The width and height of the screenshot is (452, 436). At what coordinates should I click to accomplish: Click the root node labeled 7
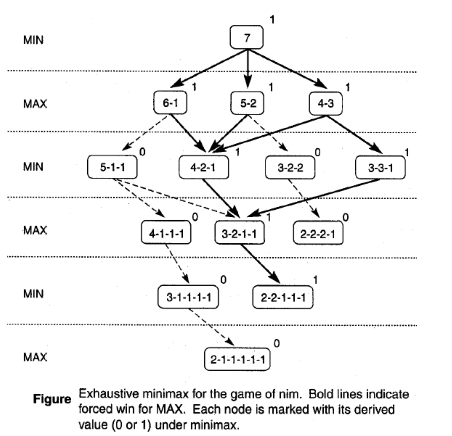[x=247, y=37]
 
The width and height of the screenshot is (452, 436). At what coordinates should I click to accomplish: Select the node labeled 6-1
[x=170, y=103]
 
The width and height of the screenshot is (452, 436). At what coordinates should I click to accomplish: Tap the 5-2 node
[x=248, y=103]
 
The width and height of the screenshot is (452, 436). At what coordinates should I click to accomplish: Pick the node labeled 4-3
[x=326, y=103]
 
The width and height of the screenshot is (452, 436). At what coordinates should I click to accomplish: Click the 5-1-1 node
[x=112, y=167]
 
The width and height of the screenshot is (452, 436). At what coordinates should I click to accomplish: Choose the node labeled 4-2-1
[x=203, y=168]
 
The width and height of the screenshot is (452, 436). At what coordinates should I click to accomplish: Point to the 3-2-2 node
[x=290, y=168]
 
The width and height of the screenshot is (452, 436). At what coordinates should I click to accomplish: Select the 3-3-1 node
[x=380, y=168]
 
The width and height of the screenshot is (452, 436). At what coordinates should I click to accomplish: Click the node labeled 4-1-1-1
[x=166, y=233]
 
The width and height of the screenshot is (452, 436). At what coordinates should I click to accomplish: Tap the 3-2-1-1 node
[x=239, y=233]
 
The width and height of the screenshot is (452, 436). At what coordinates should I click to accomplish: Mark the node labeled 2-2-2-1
[x=318, y=233]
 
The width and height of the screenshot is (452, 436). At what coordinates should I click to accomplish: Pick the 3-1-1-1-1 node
[x=189, y=297]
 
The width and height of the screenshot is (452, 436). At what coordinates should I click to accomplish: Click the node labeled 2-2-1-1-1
[x=283, y=297]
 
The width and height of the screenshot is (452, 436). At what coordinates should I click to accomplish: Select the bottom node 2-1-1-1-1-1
[x=237, y=360]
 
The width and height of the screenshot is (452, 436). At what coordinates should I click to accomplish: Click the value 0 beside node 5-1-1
[x=142, y=152]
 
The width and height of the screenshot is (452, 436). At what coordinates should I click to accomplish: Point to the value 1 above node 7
[x=272, y=20]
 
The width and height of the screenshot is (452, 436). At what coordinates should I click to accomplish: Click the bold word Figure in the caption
[x=52, y=399]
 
